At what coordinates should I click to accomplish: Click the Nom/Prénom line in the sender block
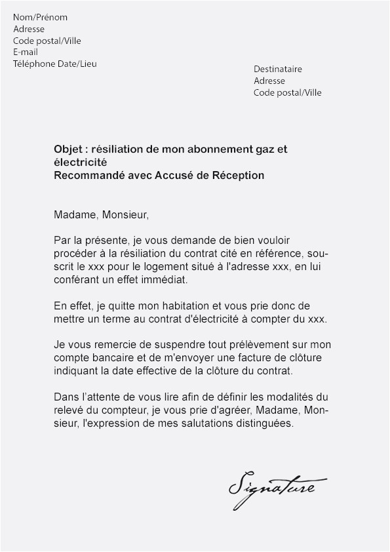pos(40,17)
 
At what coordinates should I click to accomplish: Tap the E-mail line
pos(26,52)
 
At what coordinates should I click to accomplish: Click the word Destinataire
pos(278,69)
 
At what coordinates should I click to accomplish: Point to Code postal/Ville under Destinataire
pos(288,92)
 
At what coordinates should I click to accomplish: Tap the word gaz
pos(268,149)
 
